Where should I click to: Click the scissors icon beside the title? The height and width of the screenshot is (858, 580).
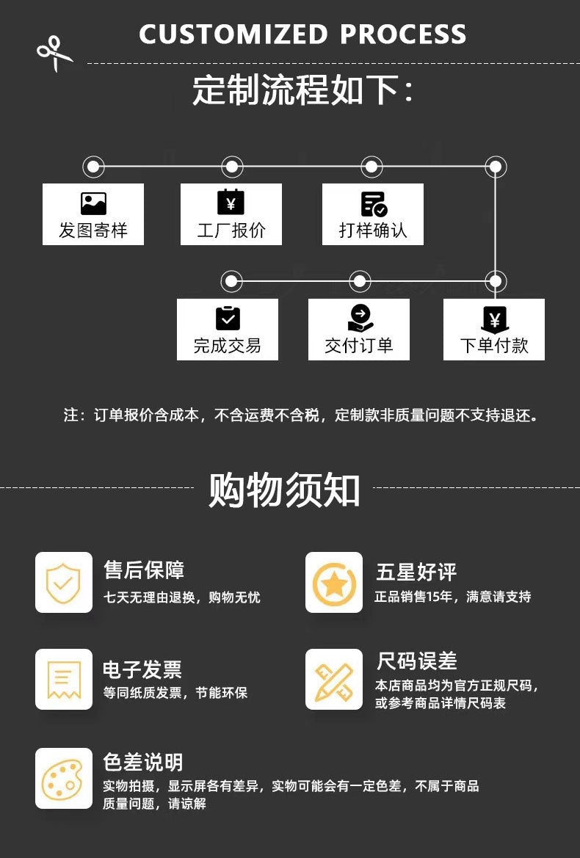point(54,53)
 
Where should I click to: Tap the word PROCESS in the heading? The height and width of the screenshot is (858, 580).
point(403,34)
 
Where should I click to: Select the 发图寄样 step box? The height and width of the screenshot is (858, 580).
point(93,214)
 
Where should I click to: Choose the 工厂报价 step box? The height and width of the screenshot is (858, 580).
point(231,214)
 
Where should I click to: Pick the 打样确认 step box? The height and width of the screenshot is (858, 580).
point(373,214)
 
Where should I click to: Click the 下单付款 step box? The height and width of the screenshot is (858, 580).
point(493,330)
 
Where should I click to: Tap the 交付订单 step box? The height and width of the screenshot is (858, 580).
point(358,330)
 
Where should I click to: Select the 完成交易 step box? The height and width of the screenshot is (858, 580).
point(227,330)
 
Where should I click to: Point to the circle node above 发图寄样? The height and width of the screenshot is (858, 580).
point(93,167)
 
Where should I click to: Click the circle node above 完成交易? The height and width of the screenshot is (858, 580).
point(231,281)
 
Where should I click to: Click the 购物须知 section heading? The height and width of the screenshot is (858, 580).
point(284,490)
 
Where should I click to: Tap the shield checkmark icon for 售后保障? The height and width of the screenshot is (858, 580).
point(63,582)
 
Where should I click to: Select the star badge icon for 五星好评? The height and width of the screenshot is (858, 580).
point(334,582)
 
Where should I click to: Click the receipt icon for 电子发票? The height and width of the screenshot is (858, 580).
point(63,679)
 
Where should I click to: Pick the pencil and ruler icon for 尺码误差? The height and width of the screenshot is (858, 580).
point(334,679)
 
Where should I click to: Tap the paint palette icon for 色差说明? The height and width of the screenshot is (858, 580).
point(63,778)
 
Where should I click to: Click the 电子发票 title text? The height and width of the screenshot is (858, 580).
point(142,669)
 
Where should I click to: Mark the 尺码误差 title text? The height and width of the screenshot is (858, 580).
point(416,661)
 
